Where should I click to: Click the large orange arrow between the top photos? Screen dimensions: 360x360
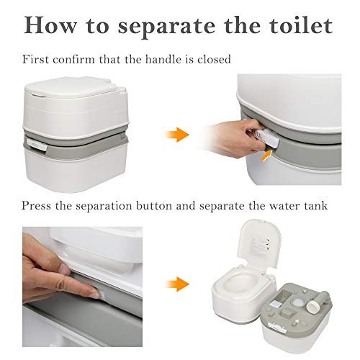click(x=177, y=135)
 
